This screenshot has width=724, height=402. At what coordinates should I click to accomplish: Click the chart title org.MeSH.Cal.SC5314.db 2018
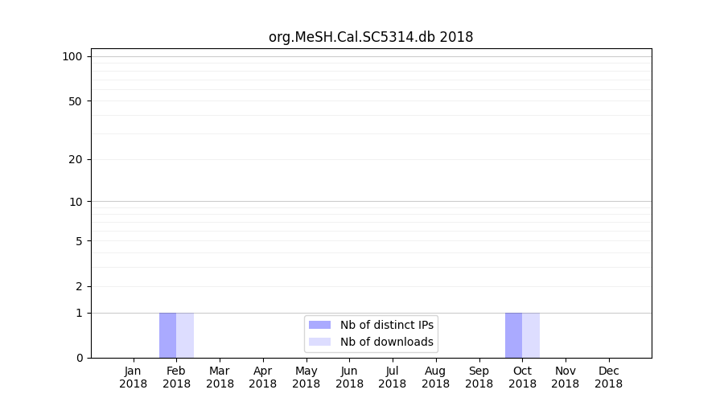pyautogui.click(x=371, y=37)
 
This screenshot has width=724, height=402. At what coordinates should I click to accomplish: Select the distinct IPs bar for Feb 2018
pyautogui.click(x=167, y=335)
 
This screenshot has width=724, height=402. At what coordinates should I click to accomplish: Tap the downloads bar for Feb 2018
pyautogui.click(x=185, y=335)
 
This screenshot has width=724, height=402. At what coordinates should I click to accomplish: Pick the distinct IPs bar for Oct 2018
pyautogui.click(x=513, y=335)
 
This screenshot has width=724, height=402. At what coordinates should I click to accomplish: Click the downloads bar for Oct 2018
pyautogui.click(x=531, y=335)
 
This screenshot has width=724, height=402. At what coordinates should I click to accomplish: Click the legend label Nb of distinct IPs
pyautogui.click(x=386, y=325)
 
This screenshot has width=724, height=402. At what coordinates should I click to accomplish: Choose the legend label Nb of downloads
pyautogui.click(x=386, y=342)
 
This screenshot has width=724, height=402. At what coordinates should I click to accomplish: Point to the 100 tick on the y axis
pyautogui.click(x=72, y=56)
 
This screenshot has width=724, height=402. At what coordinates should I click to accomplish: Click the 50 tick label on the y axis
pyautogui.click(x=75, y=101)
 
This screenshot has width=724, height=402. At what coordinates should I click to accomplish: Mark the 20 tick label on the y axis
pyautogui.click(x=75, y=159)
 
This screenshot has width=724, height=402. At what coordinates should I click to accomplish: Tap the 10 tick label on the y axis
pyautogui.click(x=75, y=202)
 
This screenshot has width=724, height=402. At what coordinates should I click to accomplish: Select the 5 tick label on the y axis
pyautogui.click(x=78, y=241)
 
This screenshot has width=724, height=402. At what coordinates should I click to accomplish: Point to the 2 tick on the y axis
pyautogui.click(x=78, y=286)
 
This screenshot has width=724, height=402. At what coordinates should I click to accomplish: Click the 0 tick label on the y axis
pyautogui.click(x=78, y=358)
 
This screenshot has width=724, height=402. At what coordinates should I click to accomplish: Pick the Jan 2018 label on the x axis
pyautogui.click(x=134, y=377)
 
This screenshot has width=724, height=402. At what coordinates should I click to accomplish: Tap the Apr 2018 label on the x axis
pyautogui.click(x=263, y=377)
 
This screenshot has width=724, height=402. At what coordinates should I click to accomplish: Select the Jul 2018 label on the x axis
pyautogui.click(x=393, y=377)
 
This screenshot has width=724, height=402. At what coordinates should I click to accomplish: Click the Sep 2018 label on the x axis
pyautogui.click(x=479, y=377)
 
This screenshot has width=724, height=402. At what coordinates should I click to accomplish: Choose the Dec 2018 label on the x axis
pyautogui.click(x=608, y=377)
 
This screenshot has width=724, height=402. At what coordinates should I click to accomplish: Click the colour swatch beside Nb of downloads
pyautogui.click(x=319, y=342)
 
